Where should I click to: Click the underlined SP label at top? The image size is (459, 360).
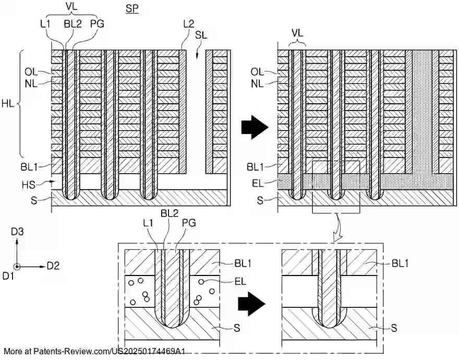132,8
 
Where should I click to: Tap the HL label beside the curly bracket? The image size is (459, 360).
8,104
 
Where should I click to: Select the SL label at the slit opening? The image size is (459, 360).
201,35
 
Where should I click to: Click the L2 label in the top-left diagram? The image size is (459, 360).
189,23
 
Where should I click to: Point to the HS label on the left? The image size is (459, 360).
28,185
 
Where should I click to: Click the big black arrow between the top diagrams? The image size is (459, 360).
255,127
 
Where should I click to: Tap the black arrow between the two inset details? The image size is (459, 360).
251,304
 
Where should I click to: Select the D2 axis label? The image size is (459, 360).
53,266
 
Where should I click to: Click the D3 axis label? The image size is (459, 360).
17,232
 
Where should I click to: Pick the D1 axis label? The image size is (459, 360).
8,275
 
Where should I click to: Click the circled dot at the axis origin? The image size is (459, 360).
17,267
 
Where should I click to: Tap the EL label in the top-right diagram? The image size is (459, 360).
258,183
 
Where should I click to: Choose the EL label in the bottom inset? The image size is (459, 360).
240,282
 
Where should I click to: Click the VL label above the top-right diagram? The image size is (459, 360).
297,33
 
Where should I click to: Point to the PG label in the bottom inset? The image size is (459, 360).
189,223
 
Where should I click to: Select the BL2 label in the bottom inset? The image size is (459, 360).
170,213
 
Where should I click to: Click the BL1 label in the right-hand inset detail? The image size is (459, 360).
400,263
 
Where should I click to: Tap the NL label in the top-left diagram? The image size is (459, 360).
31,84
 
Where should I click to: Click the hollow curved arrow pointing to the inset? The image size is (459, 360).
336,227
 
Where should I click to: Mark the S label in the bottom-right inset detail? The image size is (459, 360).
394,328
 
